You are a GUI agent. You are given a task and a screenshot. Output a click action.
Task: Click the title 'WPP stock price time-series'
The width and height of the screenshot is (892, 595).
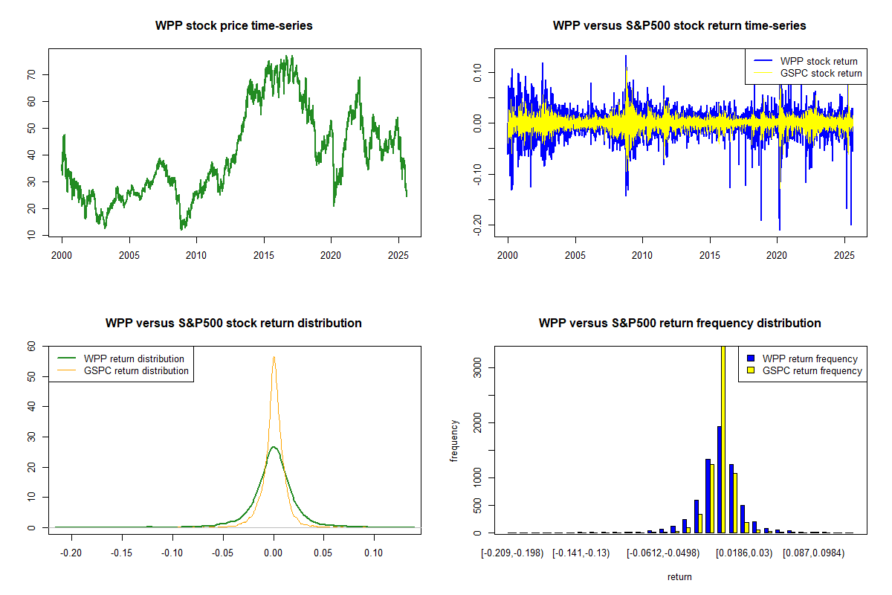pos(234,26)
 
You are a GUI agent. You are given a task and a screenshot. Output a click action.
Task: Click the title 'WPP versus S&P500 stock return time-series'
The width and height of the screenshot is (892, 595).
pos(679,26)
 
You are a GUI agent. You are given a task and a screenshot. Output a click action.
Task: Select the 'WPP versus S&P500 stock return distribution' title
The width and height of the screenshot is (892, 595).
pos(233,324)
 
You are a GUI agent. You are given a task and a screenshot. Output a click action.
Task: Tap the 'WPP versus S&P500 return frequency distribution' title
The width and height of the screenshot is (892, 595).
pos(679,324)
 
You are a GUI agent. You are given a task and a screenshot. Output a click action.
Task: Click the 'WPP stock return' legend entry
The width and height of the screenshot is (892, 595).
pos(818,61)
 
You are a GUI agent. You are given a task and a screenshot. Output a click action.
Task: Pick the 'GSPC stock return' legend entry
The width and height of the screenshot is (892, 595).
pos(821,73)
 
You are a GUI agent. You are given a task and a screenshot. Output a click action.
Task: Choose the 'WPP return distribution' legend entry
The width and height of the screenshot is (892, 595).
pos(134,358)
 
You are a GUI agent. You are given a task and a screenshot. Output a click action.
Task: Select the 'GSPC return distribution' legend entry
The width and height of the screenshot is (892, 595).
pos(136,370)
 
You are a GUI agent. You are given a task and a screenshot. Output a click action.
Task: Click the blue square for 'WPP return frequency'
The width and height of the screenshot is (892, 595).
pos(750,358)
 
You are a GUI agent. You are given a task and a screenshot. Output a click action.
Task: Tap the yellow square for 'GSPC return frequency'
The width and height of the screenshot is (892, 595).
pos(750,370)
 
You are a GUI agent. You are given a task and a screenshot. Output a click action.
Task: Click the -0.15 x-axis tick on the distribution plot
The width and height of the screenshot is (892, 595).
pos(123,553)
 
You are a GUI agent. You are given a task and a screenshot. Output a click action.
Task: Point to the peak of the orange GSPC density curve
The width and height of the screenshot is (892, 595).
pos(274,357)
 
